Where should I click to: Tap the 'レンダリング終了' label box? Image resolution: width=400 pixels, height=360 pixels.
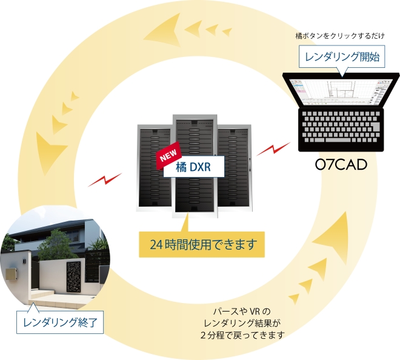(x=59, y=321)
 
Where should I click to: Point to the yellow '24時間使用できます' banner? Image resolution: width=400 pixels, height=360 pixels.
(x=203, y=245)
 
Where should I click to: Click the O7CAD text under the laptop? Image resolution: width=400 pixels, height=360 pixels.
(x=341, y=164)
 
